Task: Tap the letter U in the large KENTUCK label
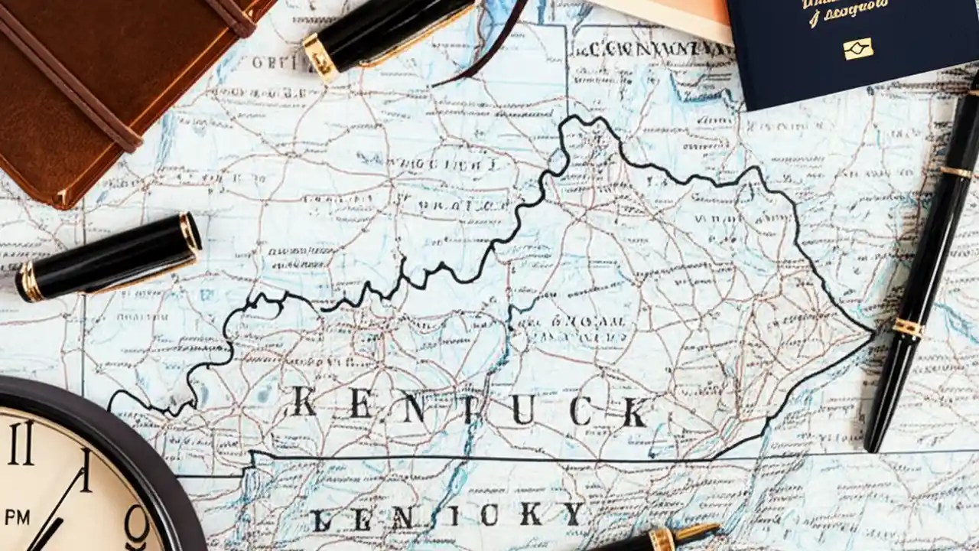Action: pos(522,411)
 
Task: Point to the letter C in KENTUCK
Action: pos(579,411)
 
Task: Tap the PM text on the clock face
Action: pos(17,517)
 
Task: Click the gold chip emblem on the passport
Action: pos(858,49)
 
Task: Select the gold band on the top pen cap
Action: pos(320,56)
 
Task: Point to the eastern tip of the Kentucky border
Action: pos(873,333)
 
